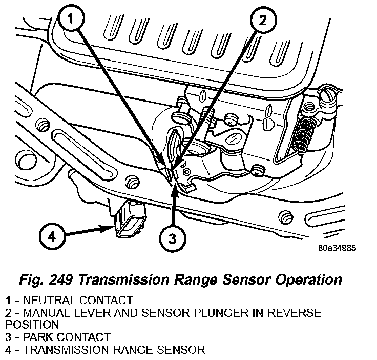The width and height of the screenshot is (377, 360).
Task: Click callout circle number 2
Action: pos(262,21)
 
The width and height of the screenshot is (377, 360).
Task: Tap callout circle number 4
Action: pos(52,236)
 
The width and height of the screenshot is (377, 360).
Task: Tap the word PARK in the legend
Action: pos(34,337)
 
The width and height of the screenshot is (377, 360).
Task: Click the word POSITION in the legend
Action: pos(31,325)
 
